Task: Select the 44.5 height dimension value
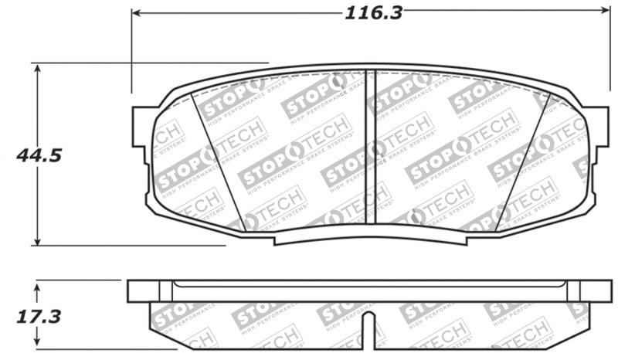pos(39,155)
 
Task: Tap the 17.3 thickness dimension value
pos(39,317)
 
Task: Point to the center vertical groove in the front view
pos(369,147)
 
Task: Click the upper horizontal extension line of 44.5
pos(154,63)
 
